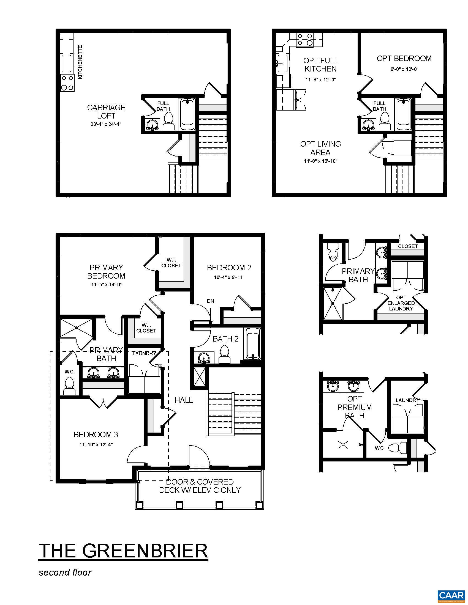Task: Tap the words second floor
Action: coord(65,572)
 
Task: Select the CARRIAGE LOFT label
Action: coord(106,112)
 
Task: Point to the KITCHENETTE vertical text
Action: coord(80,62)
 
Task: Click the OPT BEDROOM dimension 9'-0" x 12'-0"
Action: coord(404,69)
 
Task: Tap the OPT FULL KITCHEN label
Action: coord(320,65)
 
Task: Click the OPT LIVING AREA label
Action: coord(320,148)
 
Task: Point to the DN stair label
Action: coord(210,301)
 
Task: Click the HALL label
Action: coord(184,400)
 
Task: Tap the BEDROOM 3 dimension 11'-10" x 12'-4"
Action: coord(96,445)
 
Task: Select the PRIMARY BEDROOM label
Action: coord(106,272)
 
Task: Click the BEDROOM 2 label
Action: coord(229,268)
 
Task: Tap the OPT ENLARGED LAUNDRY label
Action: coord(401,303)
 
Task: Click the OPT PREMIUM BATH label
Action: coord(355,407)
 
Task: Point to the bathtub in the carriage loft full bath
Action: coord(188,114)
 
